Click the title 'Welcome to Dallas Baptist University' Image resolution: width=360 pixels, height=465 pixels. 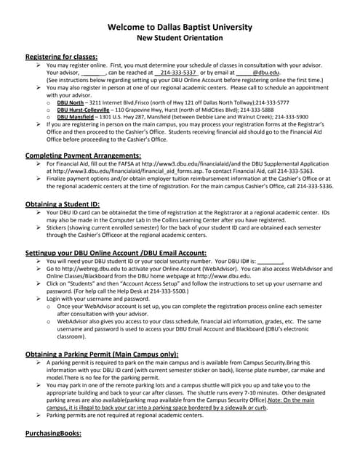(x=180, y=27)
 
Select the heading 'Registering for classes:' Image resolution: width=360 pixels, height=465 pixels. (x=61, y=57)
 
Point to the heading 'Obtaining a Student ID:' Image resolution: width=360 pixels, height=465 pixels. (x=63, y=204)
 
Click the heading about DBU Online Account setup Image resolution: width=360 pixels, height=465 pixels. (x=116, y=253)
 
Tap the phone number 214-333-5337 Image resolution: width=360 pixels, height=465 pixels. (x=177, y=73)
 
